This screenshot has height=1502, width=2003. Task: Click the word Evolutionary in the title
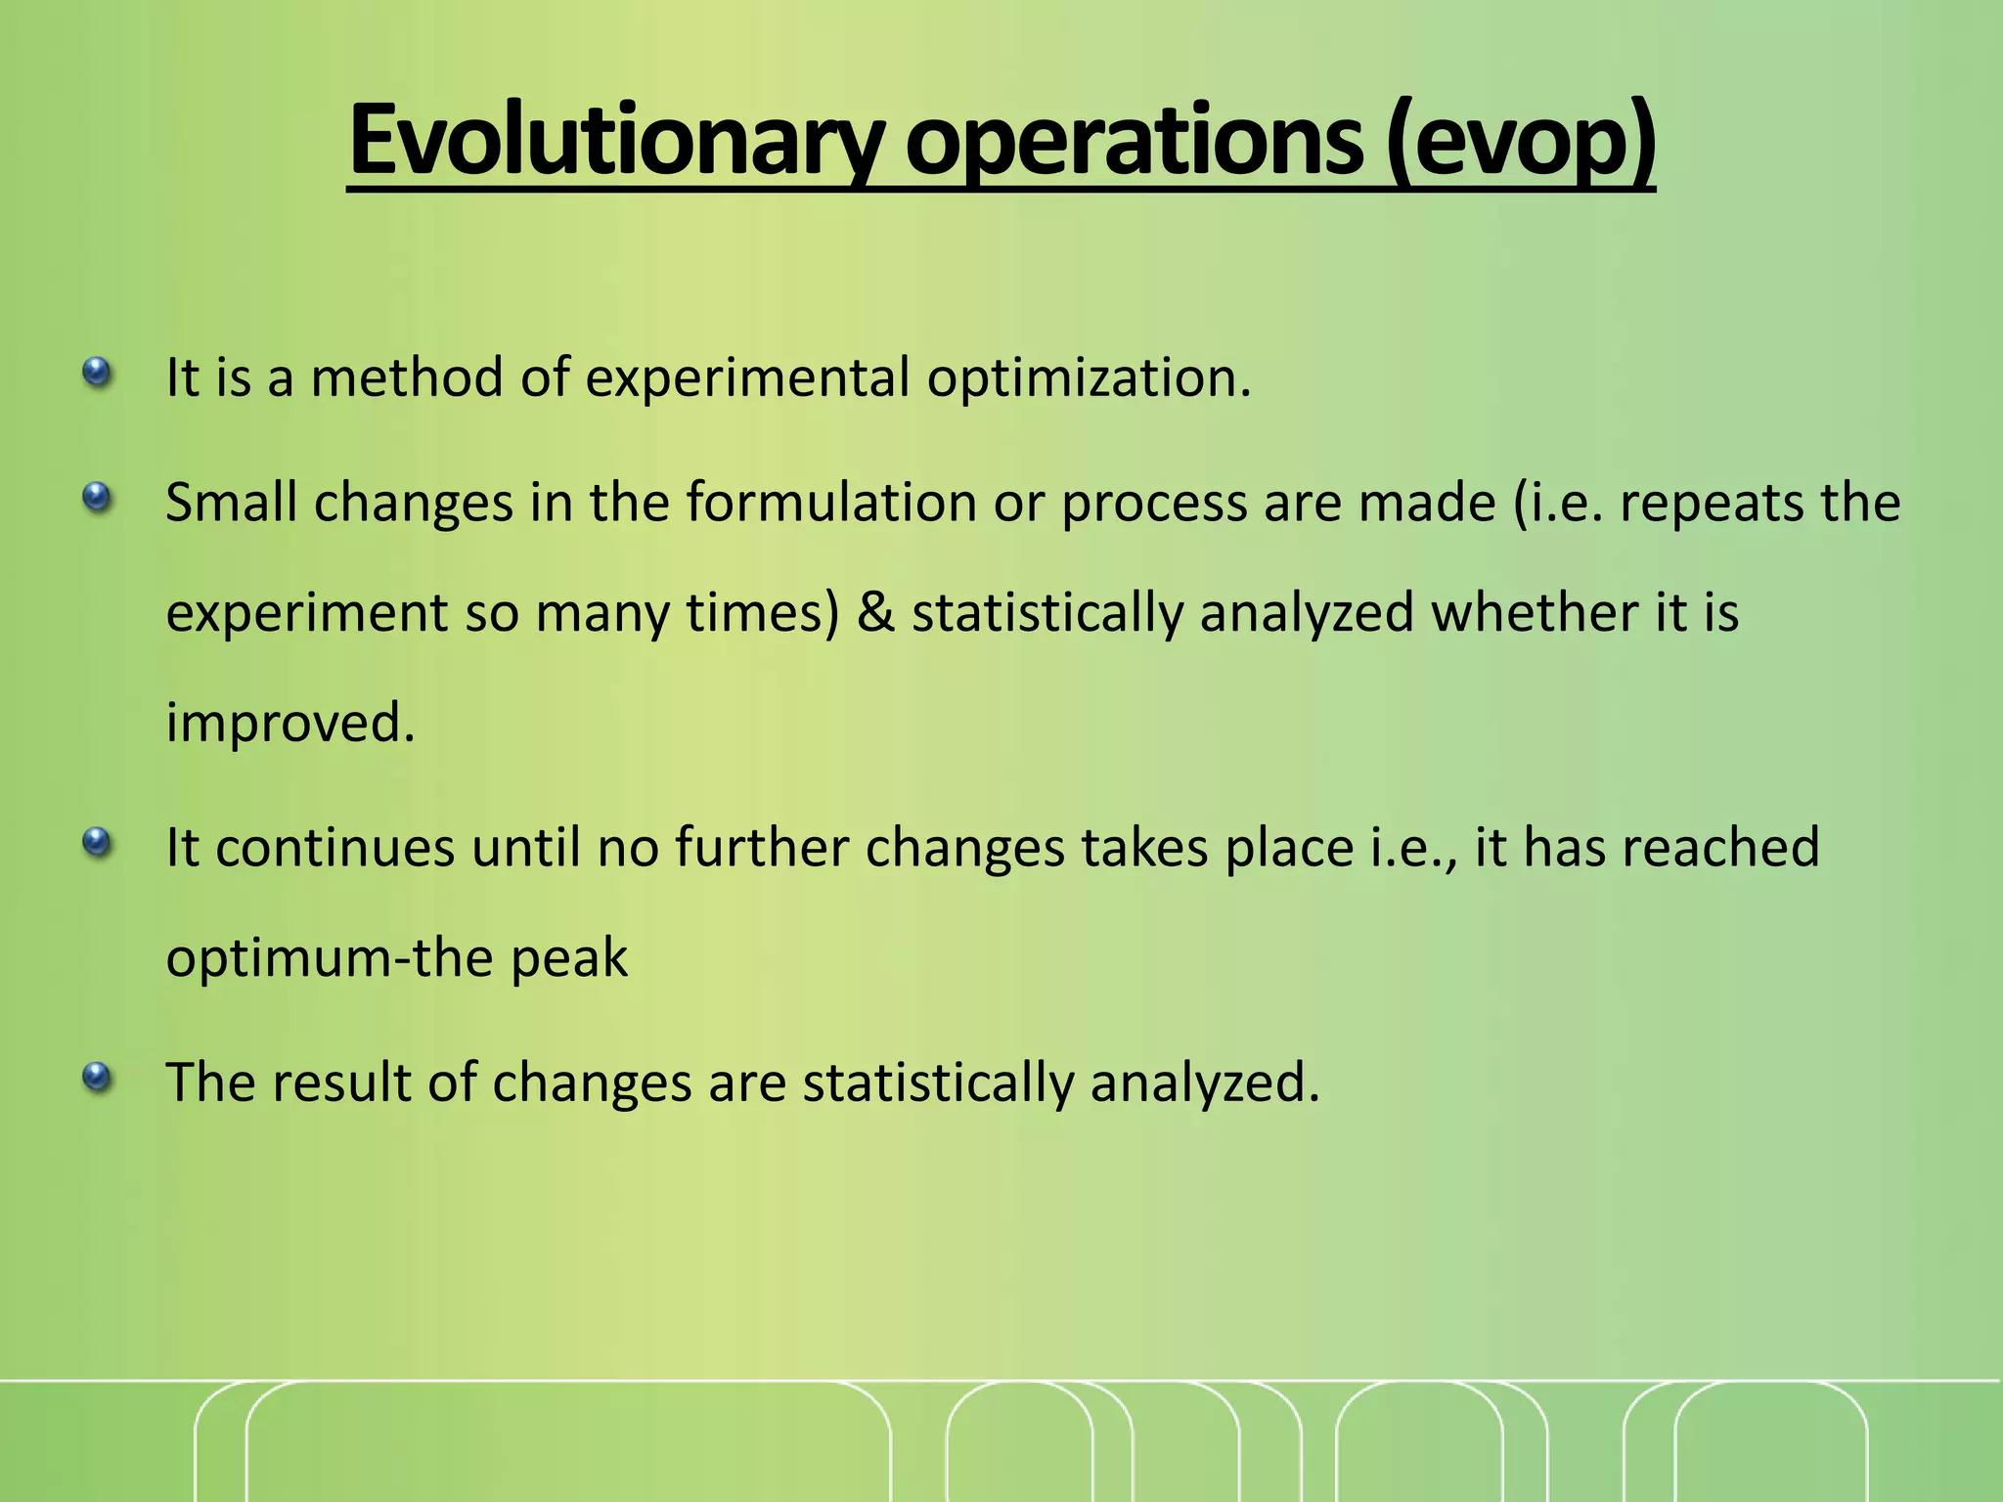pyautogui.click(x=616, y=142)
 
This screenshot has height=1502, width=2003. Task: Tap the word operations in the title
pyautogui.click(x=1135, y=142)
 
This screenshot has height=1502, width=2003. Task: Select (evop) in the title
pyautogui.click(x=1520, y=142)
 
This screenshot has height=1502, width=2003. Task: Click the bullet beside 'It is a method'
pyautogui.click(x=96, y=373)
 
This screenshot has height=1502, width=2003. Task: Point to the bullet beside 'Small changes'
pyautogui.click(x=96, y=498)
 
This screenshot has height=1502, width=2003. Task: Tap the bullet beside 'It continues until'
pyautogui.click(x=96, y=842)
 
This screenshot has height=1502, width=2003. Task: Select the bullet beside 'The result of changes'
pyautogui.click(x=96, y=1078)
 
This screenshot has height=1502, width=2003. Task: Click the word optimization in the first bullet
pyautogui.click(x=1088, y=378)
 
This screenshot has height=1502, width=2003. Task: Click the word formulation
pyautogui.click(x=831, y=503)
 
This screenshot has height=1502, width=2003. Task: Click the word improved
pyautogui.click(x=289, y=724)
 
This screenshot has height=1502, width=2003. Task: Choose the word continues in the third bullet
pyautogui.click(x=335, y=848)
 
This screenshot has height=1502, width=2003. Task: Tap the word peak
pyautogui.click(x=568, y=958)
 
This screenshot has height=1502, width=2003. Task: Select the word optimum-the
pyautogui.click(x=329, y=958)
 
